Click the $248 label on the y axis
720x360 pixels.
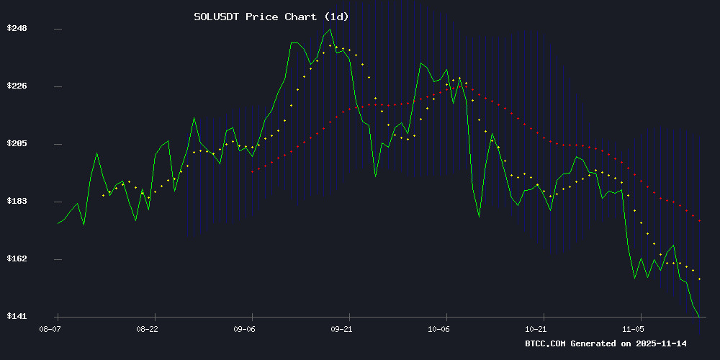(17, 29)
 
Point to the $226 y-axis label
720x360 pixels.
(17, 86)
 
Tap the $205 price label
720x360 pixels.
(17, 144)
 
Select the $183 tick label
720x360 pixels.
(17, 201)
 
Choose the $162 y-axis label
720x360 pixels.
(17, 258)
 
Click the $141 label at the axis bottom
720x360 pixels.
(17, 316)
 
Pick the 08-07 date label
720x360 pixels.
(50, 328)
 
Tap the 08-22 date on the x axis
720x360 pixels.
(147, 328)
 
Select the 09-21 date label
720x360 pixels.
(341, 328)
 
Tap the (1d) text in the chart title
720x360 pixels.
(336, 16)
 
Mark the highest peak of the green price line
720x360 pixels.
(330, 30)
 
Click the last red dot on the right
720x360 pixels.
(699, 221)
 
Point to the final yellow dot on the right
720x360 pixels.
(699, 279)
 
